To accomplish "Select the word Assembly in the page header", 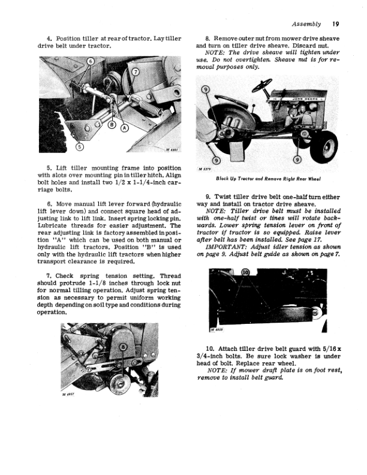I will tap(306, 25).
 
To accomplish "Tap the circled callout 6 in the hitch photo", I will tap(91, 62).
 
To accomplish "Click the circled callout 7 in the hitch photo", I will tap(135, 72).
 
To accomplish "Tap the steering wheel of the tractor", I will tap(261, 88).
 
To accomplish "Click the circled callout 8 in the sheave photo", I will tap(124, 347).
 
